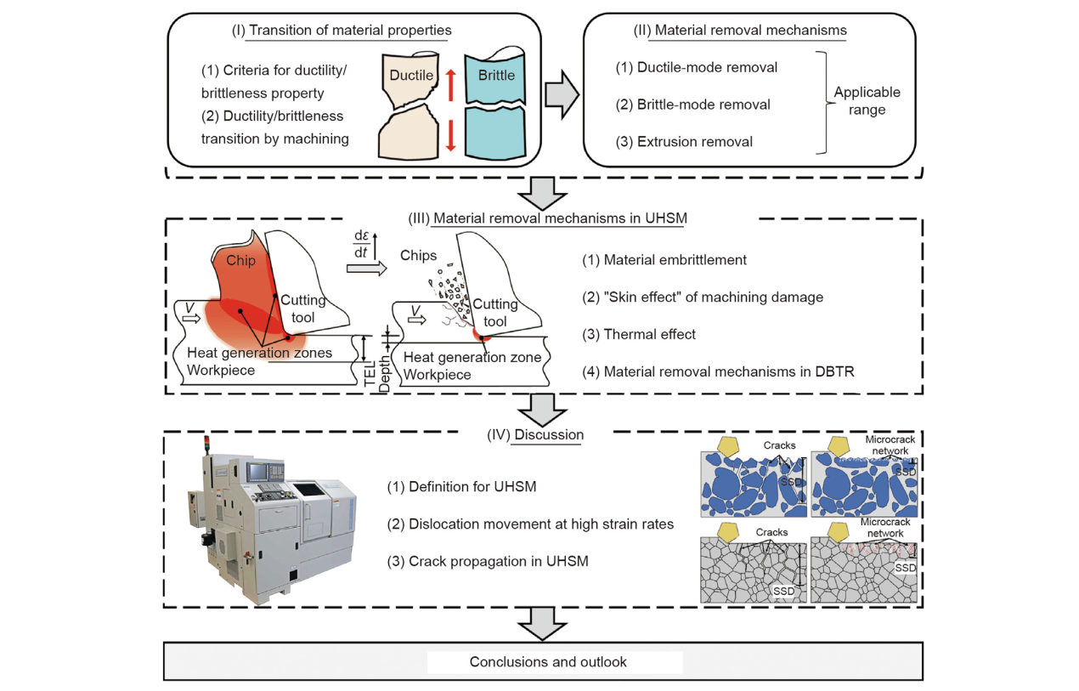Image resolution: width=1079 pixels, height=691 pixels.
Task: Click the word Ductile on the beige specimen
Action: [x=411, y=76]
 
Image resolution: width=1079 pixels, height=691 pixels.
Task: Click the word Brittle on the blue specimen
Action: [x=496, y=75]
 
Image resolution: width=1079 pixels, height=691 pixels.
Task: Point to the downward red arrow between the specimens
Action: [x=451, y=135]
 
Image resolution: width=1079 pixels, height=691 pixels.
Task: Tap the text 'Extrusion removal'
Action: [x=685, y=142]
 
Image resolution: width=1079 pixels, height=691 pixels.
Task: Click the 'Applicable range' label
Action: [x=867, y=100]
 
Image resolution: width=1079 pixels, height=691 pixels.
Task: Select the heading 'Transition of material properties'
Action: [x=350, y=31]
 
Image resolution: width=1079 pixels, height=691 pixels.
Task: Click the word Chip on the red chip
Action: [x=240, y=261]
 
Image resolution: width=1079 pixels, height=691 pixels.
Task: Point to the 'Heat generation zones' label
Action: [x=259, y=354]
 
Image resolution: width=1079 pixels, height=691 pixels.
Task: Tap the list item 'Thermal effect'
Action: [x=649, y=334]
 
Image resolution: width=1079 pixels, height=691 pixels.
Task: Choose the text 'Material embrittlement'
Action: [x=675, y=259]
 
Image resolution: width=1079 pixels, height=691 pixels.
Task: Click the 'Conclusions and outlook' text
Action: [x=548, y=661]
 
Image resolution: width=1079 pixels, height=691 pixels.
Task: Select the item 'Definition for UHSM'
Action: [x=474, y=487]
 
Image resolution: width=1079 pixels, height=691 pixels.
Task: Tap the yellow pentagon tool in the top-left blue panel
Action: [x=727, y=445]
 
